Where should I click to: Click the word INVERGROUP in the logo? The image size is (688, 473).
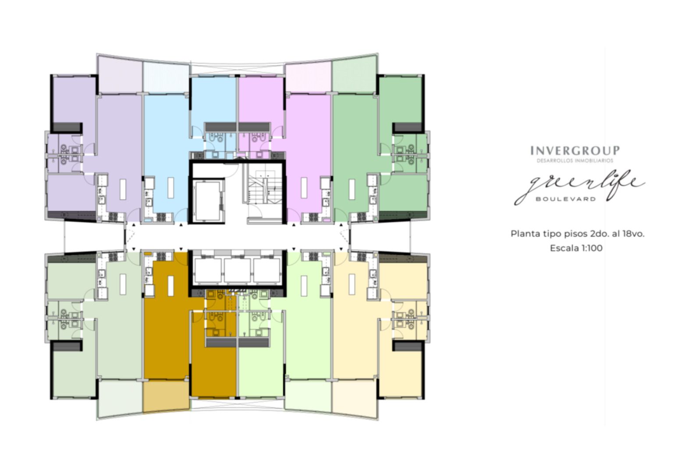(x=575, y=151)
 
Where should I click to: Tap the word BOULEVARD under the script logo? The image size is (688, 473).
(x=566, y=199)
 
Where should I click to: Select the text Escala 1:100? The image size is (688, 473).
(x=576, y=248)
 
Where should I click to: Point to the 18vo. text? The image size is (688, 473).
(x=633, y=233)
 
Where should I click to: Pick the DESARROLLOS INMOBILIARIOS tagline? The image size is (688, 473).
(x=575, y=161)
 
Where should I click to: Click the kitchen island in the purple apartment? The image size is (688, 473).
(x=123, y=189)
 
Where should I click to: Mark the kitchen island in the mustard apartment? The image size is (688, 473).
(x=171, y=286)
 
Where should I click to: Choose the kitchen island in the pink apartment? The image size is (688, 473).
(x=304, y=188)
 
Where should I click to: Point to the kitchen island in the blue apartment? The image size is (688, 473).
(x=171, y=188)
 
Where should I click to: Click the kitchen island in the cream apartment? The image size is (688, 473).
(x=352, y=284)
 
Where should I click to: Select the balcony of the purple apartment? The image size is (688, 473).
(x=120, y=74)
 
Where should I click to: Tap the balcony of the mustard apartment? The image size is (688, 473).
(x=166, y=396)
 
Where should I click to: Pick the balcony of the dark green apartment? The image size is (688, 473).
(x=355, y=74)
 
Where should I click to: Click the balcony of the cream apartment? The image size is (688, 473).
(x=355, y=399)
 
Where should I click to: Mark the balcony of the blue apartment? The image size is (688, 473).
(x=166, y=78)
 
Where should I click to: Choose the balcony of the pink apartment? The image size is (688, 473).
(x=309, y=77)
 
